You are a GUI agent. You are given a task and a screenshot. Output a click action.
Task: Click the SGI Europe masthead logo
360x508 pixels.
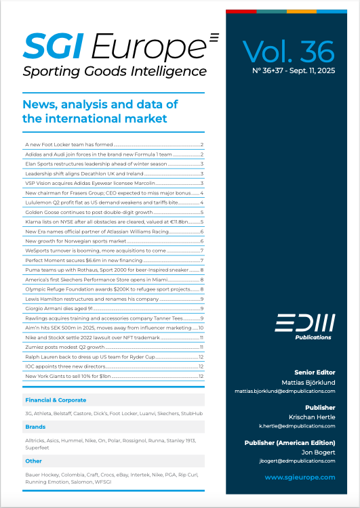click(x=115, y=46)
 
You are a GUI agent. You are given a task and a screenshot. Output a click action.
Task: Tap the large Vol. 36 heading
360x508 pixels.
click(x=288, y=52)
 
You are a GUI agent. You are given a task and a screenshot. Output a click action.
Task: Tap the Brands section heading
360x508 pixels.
click(x=35, y=427)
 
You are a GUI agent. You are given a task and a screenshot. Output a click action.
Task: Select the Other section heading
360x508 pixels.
click(x=33, y=461)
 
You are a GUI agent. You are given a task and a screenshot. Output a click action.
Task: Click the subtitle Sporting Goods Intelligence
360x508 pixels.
click(x=115, y=71)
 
